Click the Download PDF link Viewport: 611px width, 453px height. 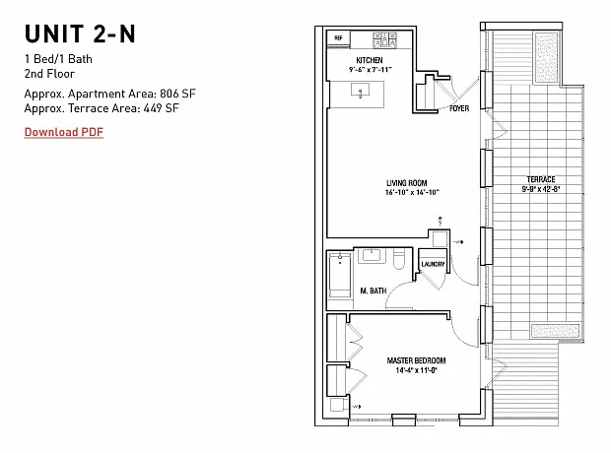(64, 132)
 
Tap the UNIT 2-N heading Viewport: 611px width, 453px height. (80, 33)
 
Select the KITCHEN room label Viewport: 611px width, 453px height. (370, 60)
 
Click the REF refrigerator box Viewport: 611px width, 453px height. (339, 38)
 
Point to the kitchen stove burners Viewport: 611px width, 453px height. (385, 40)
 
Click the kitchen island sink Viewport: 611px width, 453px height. (361, 91)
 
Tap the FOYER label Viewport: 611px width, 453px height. (459, 108)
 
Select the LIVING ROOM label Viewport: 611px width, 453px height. (407, 183)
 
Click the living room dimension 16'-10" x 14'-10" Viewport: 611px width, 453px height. (412, 192)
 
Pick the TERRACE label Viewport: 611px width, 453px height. (541, 179)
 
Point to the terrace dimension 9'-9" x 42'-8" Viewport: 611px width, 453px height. (541, 189)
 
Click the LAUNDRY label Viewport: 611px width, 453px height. (433, 264)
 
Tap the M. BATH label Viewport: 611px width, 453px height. (373, 291)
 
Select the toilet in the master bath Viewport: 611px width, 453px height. (399, 260)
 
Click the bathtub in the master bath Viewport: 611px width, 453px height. (340, 276)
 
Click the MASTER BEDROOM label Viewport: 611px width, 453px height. (416, 360)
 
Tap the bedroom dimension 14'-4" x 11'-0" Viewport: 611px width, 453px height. (416, 370)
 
